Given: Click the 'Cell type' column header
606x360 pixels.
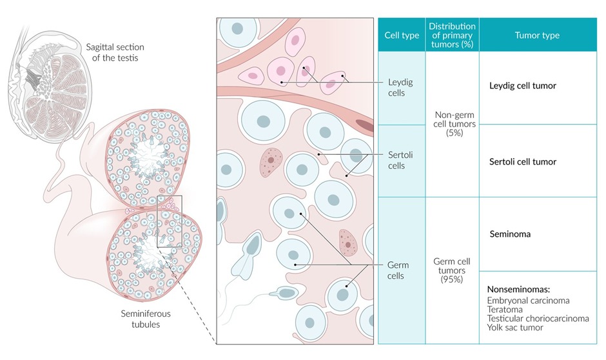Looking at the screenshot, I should pos(401,35).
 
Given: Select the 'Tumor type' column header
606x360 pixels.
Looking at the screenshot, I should pos(537,35).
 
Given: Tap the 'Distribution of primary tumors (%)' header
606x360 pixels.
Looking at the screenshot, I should pos(451,35).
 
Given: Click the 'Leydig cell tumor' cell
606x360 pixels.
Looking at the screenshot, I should pos(522,85).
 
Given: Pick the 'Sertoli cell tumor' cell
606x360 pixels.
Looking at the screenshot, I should pos(522,161).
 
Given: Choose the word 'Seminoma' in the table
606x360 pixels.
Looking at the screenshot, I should pos(510,234).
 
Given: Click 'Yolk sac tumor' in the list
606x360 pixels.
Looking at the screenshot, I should pos(514,327).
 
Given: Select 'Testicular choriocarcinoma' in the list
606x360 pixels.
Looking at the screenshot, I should pos(538,318).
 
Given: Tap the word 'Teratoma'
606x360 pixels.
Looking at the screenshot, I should pos(505,309).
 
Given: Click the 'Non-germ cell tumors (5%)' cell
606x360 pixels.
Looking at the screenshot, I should pos(451,123).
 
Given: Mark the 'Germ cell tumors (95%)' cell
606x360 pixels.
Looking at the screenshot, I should pos(451,270).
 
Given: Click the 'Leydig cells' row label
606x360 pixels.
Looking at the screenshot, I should pos(400,87).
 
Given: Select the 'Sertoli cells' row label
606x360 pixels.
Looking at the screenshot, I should pos(400,161).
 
